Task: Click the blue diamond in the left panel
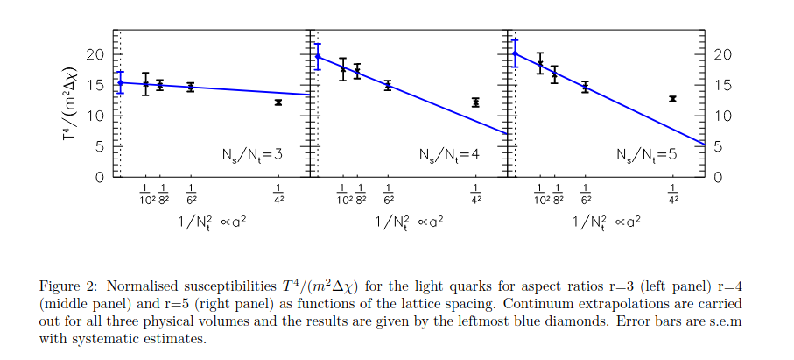(x=121, y=82)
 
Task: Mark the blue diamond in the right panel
(x=515, y=53)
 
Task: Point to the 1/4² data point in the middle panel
(x=475, y=102)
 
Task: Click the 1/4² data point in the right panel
(x=672, y=99)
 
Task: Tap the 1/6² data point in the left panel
(x=191, y=87)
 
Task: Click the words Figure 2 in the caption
(x=65, y=285)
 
